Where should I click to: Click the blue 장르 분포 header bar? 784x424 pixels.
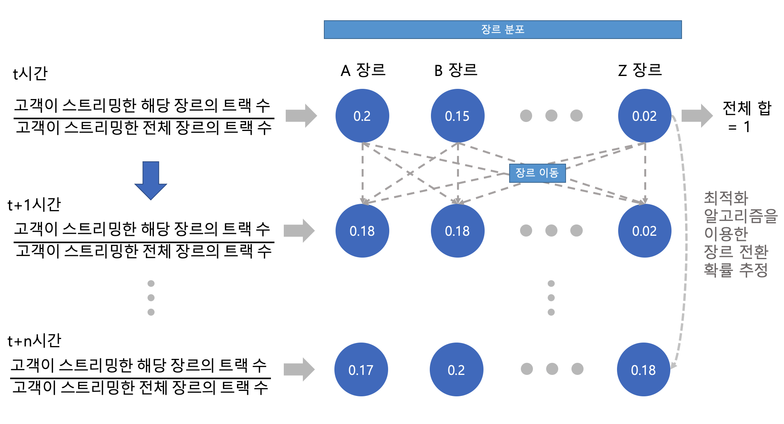(x=503, y=30)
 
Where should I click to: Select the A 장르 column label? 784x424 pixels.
(x=363, y=71)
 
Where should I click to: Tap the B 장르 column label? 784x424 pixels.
(x=456, y=71)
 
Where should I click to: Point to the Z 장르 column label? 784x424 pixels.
(x=640, y=71)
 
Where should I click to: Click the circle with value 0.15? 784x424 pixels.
(x=457, y=116)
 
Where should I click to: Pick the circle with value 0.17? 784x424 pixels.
(x=361, y=369)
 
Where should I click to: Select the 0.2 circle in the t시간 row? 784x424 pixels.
(x=362, y=116)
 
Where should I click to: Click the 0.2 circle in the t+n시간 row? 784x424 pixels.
(x=456, y=369)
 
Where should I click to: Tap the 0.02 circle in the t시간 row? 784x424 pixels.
(x=644, y=116)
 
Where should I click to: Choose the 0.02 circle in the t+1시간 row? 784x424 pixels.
(x=644, y=231)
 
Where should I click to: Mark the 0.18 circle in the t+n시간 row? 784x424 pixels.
(x=643, y=369)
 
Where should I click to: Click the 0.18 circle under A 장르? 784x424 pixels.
(x=362, y=231)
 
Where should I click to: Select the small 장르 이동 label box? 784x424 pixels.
(x=537, y=173)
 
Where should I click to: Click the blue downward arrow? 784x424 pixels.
(x=151, y=180)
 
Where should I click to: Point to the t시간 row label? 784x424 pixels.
(x=30, y=73)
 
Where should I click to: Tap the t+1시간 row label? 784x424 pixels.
(x=34, y=205)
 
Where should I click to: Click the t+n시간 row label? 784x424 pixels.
(x=34, y=341)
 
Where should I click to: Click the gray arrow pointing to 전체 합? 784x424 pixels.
(x=697, y=116)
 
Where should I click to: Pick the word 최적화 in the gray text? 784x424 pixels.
(x=726, y=198)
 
